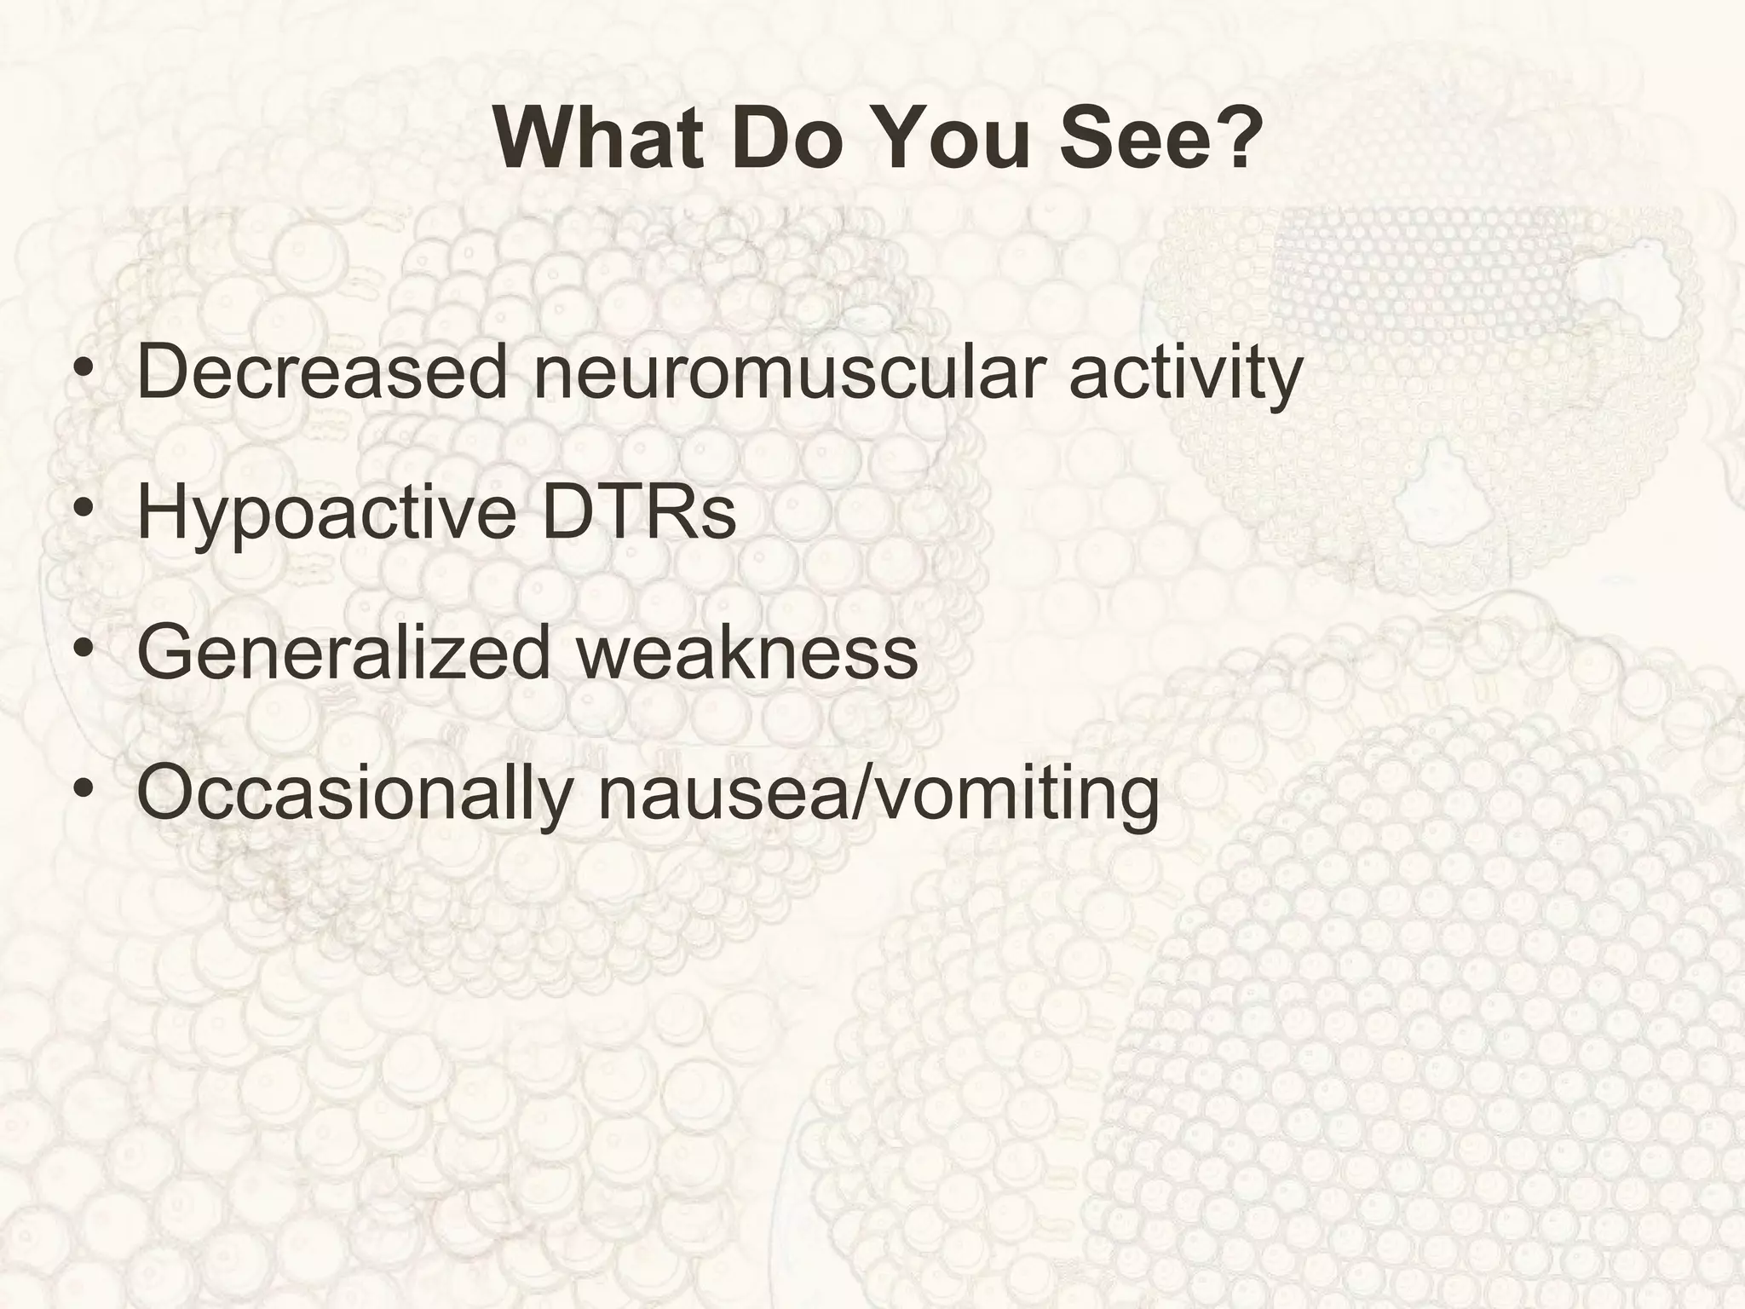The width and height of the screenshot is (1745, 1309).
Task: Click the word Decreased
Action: tap(321, 372)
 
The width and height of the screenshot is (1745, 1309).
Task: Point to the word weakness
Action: tap(747, 653)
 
